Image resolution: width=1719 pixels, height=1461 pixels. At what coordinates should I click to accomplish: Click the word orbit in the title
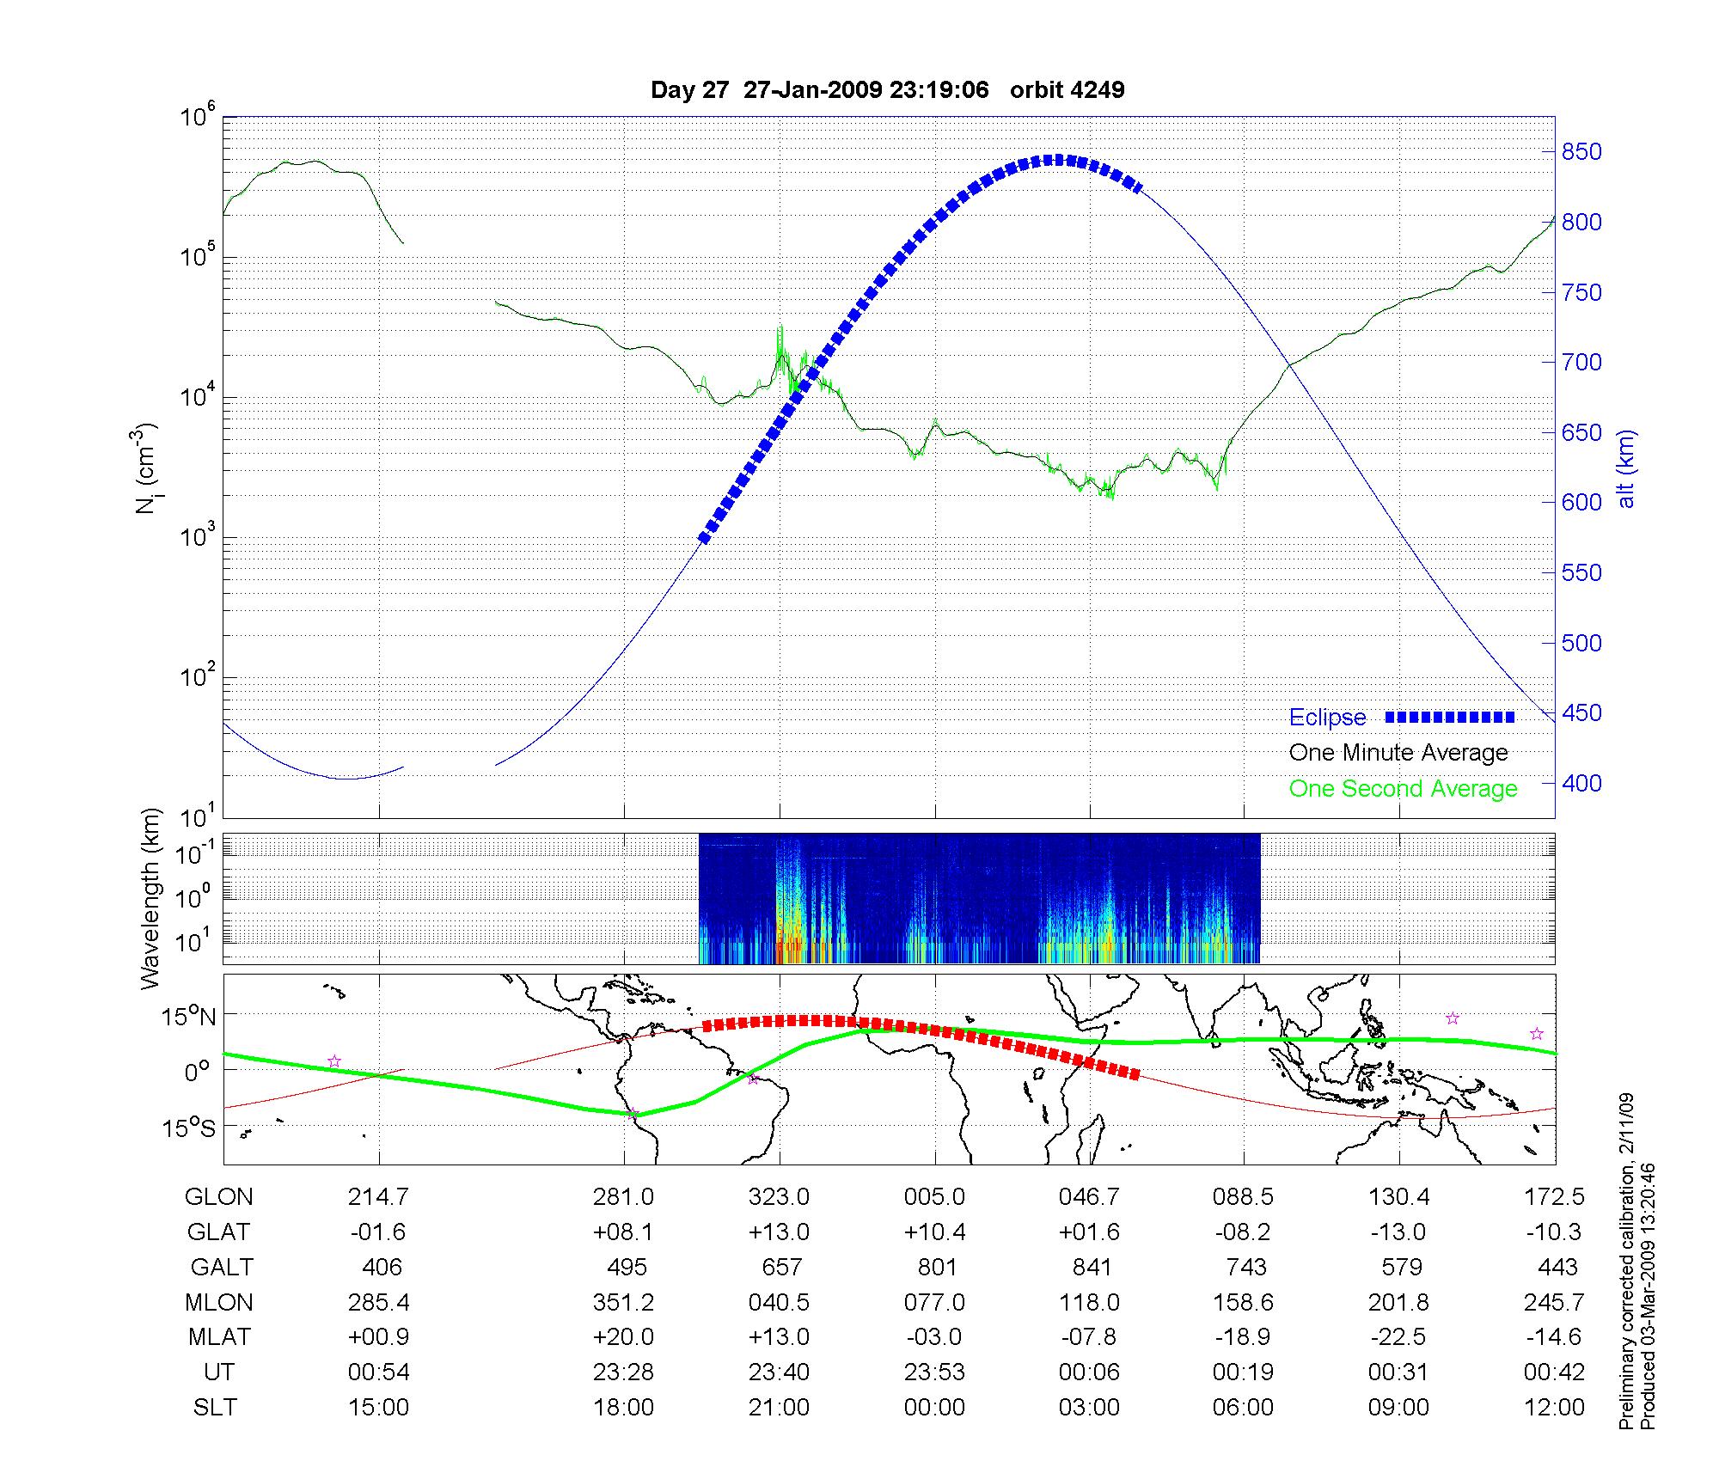(1038, 90)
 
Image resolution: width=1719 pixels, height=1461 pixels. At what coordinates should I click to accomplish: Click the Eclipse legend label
(1327, 718)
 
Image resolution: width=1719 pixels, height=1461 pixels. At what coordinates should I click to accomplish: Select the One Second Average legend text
(1403, 789)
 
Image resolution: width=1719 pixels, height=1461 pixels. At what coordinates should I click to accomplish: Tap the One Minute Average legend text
(1398, 753)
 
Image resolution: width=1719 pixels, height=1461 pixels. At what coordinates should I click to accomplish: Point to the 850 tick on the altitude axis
(1581, 152)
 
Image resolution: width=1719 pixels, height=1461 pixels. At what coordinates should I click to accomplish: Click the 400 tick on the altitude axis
(1581, 783)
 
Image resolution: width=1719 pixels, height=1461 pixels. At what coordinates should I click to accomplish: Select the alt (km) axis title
(1626, 468)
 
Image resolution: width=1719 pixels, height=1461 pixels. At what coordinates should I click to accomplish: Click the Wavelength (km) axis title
(152, 898)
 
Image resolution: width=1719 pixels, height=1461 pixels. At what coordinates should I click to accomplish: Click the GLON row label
(219, 1197)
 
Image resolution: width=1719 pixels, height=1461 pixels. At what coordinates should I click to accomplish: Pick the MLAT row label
(219, 1337)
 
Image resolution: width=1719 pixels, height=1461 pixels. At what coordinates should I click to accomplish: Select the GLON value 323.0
(780, 1197)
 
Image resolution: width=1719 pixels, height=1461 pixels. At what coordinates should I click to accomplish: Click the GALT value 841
(1091, 1268)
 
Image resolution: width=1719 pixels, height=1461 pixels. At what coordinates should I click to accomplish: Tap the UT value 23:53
(934, 1372)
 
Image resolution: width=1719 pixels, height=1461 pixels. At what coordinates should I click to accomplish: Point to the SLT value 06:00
(1243, 1408)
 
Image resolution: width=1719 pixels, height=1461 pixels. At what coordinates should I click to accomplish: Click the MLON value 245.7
(1554, 1303)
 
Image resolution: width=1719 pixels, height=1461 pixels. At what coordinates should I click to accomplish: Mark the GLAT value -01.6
(378, 1232)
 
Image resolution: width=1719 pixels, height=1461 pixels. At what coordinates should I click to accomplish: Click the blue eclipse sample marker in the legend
(1449, 717)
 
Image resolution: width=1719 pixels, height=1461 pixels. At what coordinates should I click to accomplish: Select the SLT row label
(215, 1408)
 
